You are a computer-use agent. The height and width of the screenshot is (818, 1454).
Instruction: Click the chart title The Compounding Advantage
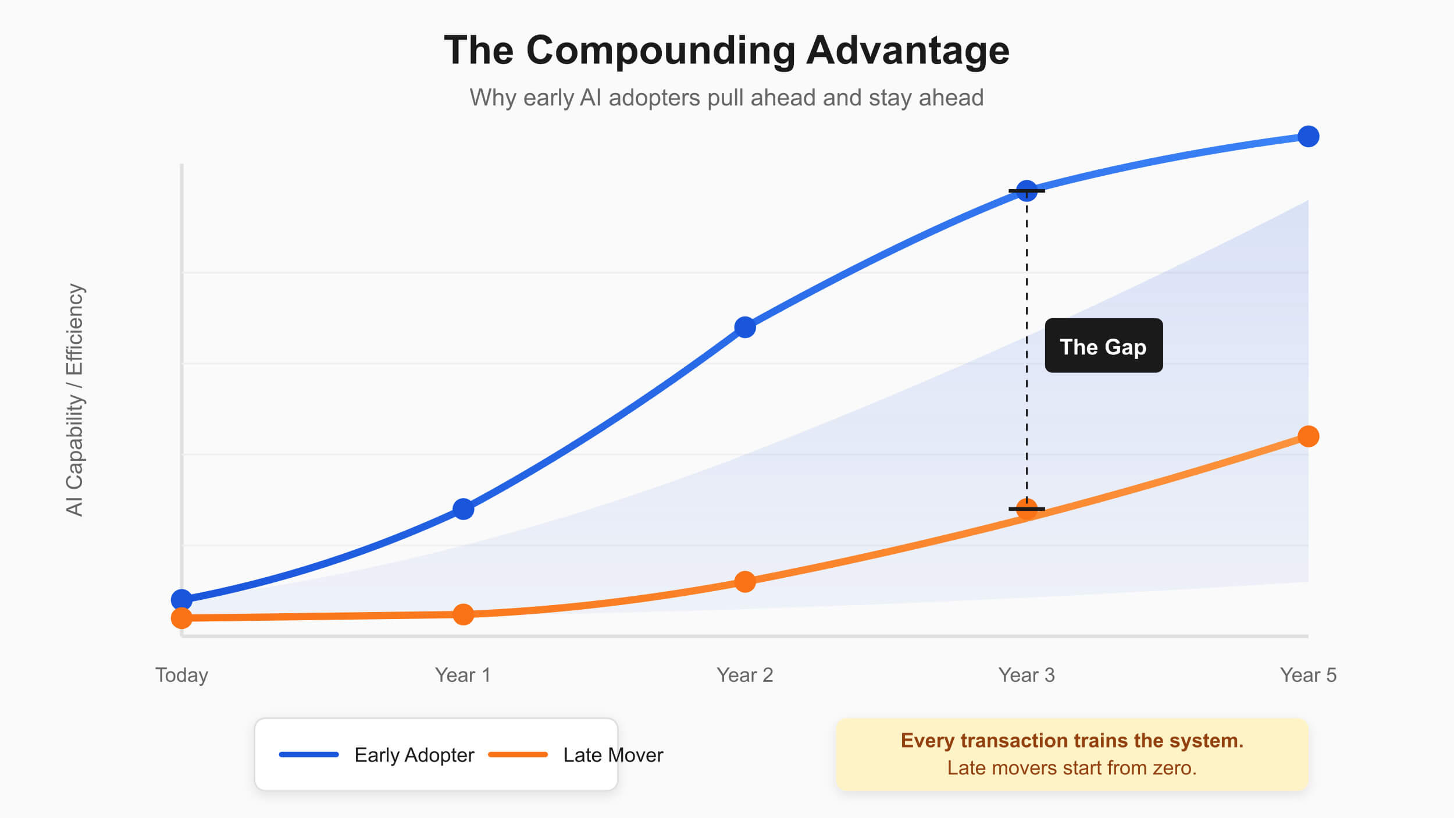[726, 51]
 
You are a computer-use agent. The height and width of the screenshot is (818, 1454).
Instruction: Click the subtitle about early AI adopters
[726, 98]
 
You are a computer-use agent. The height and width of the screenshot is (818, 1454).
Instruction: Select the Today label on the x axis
[181, 675]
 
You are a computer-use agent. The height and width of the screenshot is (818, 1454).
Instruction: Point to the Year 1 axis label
[463, 675]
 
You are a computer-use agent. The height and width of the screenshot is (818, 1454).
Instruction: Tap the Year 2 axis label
[744, 675]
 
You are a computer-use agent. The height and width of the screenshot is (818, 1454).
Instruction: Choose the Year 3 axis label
[1027, 675]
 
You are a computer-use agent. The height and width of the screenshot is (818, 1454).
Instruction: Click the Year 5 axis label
[1308, 675]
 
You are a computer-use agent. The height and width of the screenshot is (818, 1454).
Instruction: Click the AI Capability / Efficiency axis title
[75, 400]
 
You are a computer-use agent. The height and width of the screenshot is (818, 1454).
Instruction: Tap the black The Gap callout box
[1103, 346]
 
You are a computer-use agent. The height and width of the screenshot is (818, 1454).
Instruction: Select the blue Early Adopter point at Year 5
[1308, 137]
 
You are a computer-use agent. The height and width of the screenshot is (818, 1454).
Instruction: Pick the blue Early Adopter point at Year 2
[744, 327]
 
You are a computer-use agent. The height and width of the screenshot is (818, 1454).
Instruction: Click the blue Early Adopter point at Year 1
[463, 509]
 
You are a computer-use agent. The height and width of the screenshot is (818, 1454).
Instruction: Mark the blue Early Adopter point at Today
[181, 599]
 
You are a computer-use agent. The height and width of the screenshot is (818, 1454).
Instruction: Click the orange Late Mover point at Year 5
[1308, 436]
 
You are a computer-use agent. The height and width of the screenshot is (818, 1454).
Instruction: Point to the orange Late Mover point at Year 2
[744, 581]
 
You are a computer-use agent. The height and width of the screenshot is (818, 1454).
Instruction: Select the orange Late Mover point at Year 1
[463, 614]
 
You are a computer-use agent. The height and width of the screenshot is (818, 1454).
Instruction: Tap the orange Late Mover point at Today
[181, 618]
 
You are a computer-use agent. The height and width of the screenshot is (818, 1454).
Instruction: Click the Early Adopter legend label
[414, 755]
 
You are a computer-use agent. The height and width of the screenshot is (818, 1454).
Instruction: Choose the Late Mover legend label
[613, 755]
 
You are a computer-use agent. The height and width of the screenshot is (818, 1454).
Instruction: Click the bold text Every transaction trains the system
[1072, 741]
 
